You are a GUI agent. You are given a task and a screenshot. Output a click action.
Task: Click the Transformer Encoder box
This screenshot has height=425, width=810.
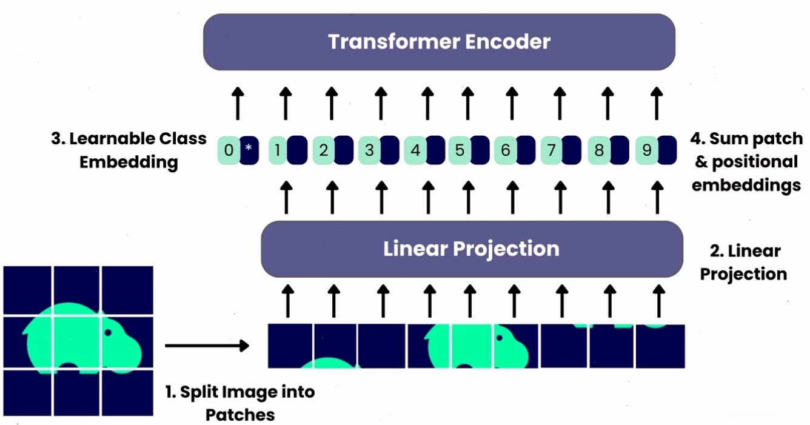pos(439,42)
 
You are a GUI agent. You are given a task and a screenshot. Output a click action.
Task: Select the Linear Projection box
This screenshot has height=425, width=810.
pos(472,249)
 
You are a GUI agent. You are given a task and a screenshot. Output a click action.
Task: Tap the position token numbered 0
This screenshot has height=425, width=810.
pos(229,150)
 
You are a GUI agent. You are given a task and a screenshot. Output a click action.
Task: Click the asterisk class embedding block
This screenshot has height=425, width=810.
pos(249,150)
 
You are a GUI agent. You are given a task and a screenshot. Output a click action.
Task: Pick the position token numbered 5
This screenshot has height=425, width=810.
pos(460,150)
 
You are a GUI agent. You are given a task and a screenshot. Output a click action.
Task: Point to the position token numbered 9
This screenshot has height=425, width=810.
pos(646,150)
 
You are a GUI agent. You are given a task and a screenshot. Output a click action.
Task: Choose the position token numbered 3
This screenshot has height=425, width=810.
pos(369,150)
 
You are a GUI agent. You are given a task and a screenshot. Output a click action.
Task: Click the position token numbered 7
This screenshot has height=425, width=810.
pos(552,150)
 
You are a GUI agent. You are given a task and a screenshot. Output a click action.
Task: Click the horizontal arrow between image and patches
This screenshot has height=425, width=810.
pos(207,346)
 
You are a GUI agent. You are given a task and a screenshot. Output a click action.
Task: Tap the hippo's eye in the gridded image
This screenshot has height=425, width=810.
pos(108,332)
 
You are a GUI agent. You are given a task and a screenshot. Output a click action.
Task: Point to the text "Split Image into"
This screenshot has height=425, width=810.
pos(240,392)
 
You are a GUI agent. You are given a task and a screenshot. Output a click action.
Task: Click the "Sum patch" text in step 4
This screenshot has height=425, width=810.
pos(747,138)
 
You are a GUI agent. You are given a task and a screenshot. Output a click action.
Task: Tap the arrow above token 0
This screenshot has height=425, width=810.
pos(238,104)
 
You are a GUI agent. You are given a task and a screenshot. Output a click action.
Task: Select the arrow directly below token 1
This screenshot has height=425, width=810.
pos(286,198)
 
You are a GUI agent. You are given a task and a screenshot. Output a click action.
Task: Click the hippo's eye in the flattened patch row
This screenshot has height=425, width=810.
pos(500,338)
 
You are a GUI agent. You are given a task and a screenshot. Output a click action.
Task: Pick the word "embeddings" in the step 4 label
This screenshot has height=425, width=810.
pos(746,185)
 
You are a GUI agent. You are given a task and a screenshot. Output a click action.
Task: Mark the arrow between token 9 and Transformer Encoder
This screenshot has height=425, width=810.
pos(657,104)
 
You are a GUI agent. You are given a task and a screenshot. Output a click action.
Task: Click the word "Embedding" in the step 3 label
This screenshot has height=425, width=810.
pos(129,162)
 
